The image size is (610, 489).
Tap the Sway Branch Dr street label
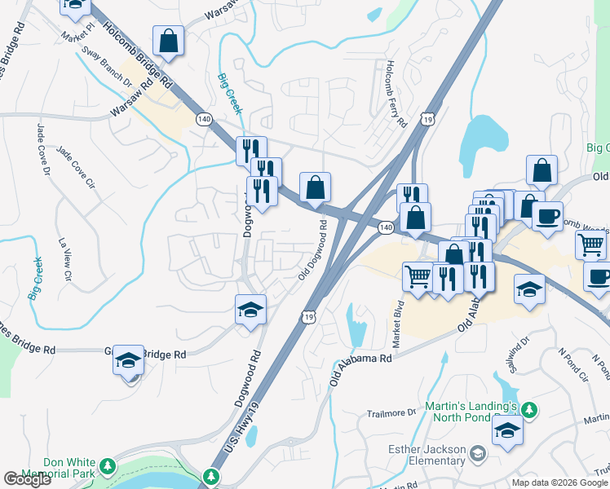click(x=105, y=66)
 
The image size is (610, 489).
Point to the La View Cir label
click(x=64, y=259)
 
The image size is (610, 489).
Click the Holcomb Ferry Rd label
click(x=396, y=95)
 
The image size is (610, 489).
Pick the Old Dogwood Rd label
click(x=313, y=249)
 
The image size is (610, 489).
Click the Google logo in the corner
click(x=28, y=479)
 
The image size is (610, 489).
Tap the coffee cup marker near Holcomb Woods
click(x=547, y=216)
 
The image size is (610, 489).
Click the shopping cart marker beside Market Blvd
click(x=418, y=276)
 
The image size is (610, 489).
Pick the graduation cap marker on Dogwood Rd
click(x=250, y=310)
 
